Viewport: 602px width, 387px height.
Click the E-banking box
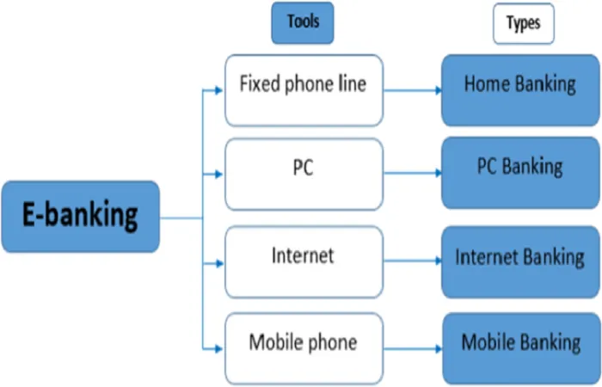(x=81, y=217)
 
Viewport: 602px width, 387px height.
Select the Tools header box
(x=303, y=22)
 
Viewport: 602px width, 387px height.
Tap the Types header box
(x=524, y=23)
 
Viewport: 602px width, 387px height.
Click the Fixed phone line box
(x=304, y=90)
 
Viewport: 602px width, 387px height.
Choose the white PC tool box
(x=304, y=175)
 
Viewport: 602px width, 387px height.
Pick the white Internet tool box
(x=304, y=261)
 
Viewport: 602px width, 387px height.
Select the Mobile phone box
(x=304, y=348)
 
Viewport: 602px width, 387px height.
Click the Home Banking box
(x=520, y=90)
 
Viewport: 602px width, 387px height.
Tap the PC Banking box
(x=520, y=173)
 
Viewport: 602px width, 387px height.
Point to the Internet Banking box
(x=520, y=261)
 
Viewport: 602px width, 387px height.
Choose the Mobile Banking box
(x=520, y=348)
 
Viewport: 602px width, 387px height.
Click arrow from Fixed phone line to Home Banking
(x=413, y=90)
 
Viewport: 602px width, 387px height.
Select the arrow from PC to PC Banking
(x=413, y=173)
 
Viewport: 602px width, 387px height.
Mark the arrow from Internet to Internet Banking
(x=413, y=261)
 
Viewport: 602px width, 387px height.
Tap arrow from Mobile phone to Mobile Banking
(x=413, y=348)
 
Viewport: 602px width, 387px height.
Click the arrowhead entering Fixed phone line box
(x=219, y=90)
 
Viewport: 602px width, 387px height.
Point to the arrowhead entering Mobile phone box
(x=219, y=348)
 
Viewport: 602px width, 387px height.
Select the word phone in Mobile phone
(x=333, y=342)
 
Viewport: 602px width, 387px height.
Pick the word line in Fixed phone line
(x=352, y=83)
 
